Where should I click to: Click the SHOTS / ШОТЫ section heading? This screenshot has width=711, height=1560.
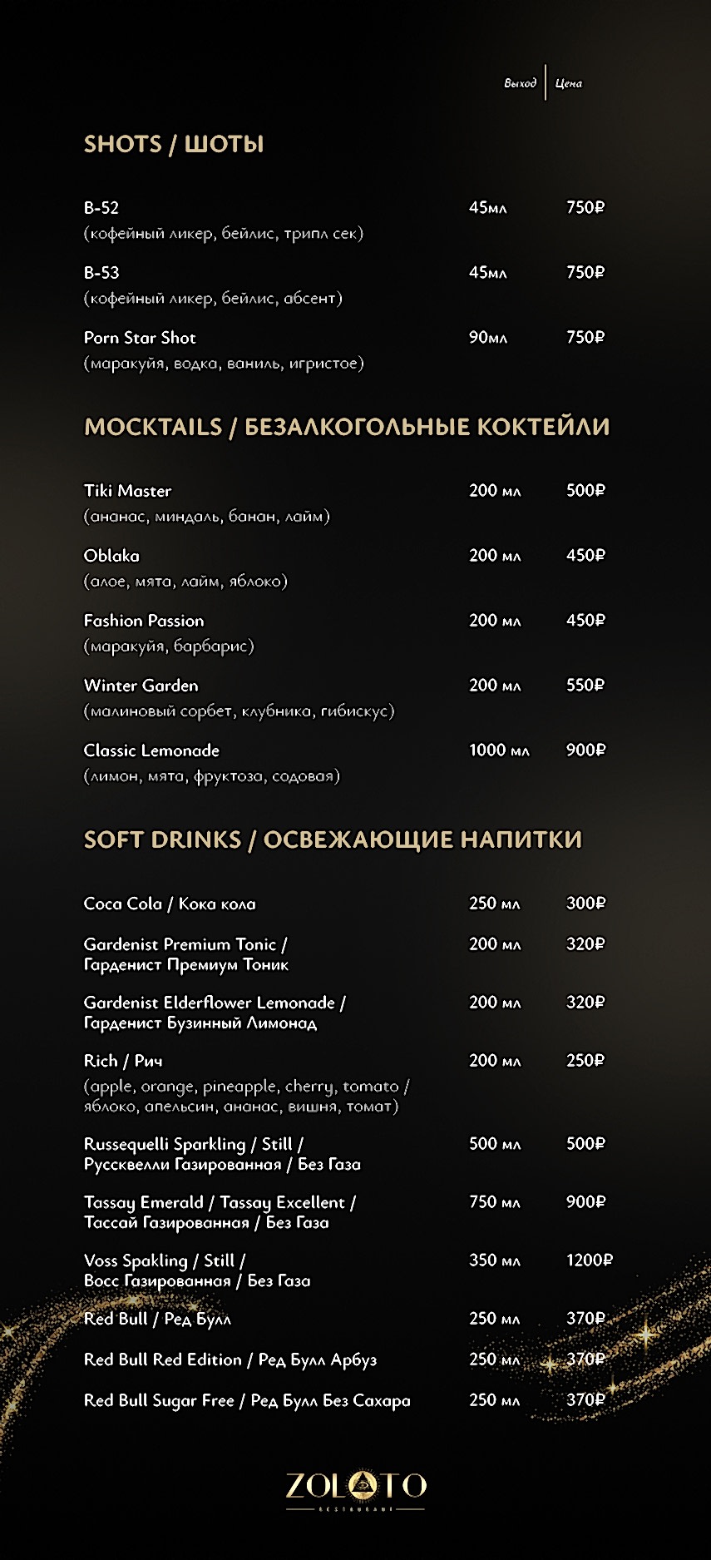pyautogui.click(x=174, y=144)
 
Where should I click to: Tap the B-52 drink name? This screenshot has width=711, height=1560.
pyautogui.click(x=101, y=208)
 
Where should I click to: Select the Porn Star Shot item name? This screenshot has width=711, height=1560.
pyautogui.click(x=140, y=338)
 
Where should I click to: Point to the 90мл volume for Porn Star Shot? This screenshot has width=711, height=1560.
pyautogui.click(x=487, y=338)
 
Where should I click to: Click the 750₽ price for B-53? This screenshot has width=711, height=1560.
pyautogui.click(x=585, y=273)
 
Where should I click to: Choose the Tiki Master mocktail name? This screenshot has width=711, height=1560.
pyautogui.click(x=127, y=491)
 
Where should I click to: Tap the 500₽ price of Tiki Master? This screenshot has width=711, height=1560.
pyautogui.click(x=585, y=491)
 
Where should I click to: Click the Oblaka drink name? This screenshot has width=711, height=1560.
pyautogui.click(x=111, y=556)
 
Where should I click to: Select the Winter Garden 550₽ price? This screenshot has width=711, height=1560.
pyautogui.click(x=585, y=686)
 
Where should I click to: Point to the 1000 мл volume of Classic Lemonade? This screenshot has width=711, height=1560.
pyautogui.click(x=499, y=750)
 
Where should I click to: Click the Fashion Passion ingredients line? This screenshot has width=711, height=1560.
pyautogui.click(x=169, y=646)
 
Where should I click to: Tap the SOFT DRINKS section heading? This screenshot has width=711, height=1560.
pyautogui.click(x=333, y=839)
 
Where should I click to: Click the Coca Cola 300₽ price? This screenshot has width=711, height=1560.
pyautogui.click(x=585, y=904)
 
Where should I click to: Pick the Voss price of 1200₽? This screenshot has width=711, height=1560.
pyautogui.click(x=589, y=1260)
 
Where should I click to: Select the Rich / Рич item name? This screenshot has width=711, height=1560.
pyautogui.click(x=123, y=1061)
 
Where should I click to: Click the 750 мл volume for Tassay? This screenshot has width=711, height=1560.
pyautogui.click(x=494, y=1202)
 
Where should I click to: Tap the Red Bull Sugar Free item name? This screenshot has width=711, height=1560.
pyautogui.click(x=247, y=1401)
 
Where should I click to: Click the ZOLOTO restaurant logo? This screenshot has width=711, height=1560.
pyautogui.click(x=356, y=1487)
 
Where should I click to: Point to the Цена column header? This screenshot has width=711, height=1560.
pyautogui.click(x=569, y=83)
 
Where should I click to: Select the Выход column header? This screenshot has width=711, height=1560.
pyautogui.click(x=520, y=83)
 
